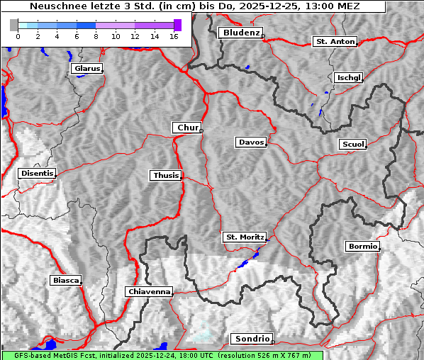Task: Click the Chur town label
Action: coord(186,128)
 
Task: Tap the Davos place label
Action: coord(251,142)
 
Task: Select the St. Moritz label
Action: coord(244,237)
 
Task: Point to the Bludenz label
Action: coord(240,33)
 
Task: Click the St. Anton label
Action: coord(335,42)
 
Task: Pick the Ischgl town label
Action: coord(348,77)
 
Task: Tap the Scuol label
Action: coord(352,144)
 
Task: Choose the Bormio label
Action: coord(362,247)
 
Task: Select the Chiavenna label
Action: coord(149,291)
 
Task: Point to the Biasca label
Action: coord(66,280)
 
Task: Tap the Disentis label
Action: coord(37,173)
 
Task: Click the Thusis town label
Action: coord(166,175)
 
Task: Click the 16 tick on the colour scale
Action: coord(174,35)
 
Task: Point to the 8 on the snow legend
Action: coord(96,35)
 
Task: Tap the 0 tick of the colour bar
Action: coord(18,35)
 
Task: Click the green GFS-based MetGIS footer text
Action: coord(162,355)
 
